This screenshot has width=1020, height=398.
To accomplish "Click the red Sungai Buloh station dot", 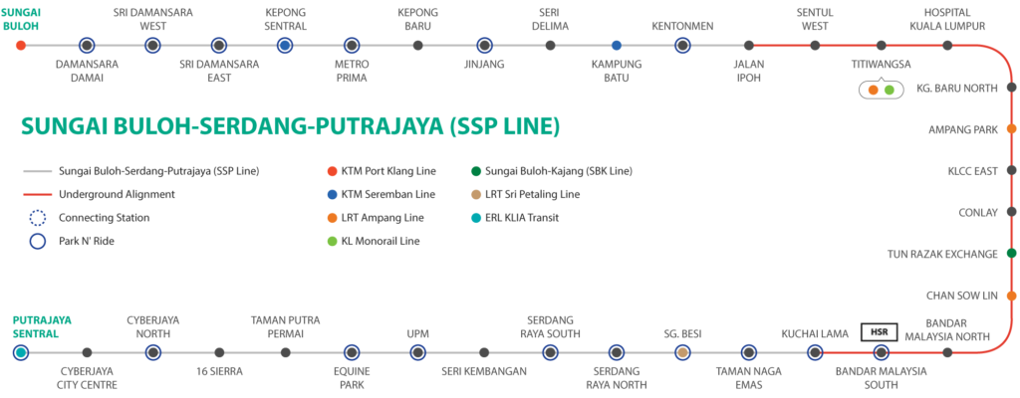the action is pos(21,46).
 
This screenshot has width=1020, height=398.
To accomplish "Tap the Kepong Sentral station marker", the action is pos(285,46).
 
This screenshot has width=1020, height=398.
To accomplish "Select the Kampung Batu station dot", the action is pos(617,46).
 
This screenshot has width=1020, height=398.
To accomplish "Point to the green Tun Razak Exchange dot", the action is pos(1011,253).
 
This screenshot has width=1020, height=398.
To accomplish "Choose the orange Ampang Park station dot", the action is pos(1011,128).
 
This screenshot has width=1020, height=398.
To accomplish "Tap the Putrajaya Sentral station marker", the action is pos(21,352).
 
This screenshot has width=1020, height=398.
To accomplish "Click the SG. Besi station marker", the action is pos(682,352).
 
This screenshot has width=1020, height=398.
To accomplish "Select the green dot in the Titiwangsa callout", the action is pos(890,90).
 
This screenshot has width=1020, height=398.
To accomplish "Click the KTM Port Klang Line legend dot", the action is pos(333,172).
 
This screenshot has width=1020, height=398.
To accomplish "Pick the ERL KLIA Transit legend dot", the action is pos(475,218).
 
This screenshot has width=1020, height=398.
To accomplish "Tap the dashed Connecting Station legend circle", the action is pos(39,218).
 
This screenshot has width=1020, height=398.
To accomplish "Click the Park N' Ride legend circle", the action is pos(39,241).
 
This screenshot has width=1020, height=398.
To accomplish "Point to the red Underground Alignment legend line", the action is pos(37,194).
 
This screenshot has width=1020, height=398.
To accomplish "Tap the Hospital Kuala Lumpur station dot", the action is pos(948,46).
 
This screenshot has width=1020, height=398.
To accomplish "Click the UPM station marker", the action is pos(417,352).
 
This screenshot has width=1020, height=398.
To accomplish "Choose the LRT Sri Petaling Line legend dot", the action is pos(475,194).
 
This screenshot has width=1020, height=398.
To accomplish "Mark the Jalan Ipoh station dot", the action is pos(749,46).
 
